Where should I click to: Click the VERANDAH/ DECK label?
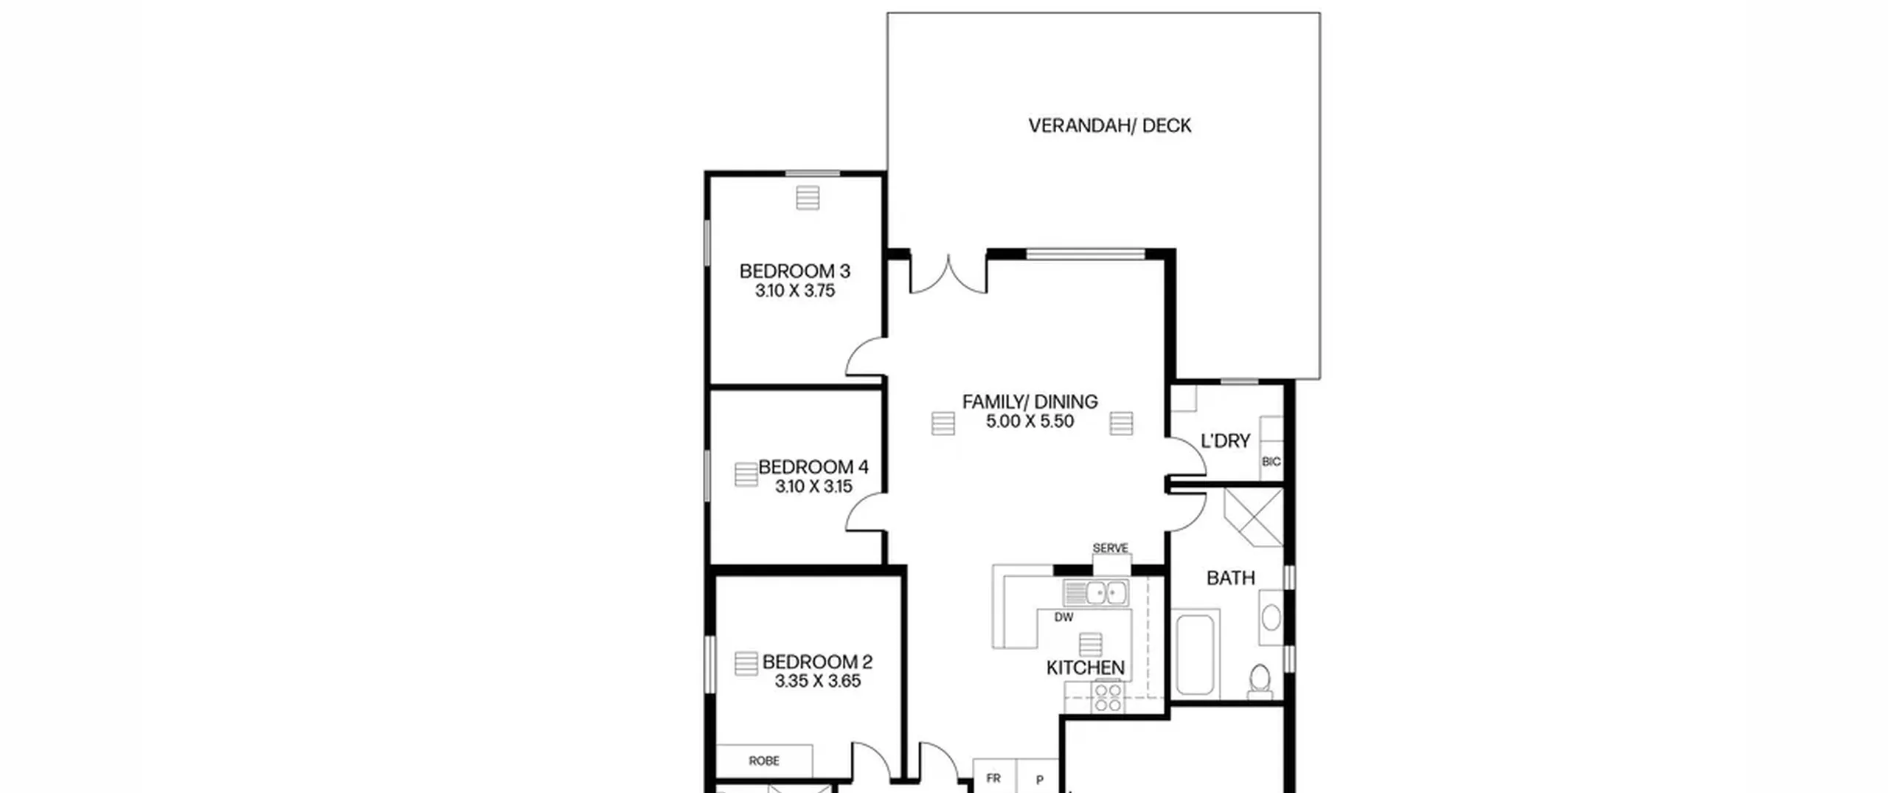point(1109,125)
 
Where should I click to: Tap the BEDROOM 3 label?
point(795,271)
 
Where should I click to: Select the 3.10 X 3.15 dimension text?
point(813,486)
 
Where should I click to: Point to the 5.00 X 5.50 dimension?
point(1030,421)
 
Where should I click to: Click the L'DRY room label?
point(1226,441)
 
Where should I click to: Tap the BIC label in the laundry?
point(1271,462)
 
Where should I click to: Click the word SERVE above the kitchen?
point(1110,548)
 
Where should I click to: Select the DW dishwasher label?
point(1063,617)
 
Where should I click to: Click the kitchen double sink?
point(1095,592)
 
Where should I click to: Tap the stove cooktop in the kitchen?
point(1108,696)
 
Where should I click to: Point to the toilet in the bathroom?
point(1260,681)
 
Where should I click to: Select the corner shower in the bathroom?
point(1253,516)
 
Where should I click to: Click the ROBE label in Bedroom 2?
point(764,761)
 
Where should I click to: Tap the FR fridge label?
point(993,778)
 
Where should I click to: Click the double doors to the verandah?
point(948,274)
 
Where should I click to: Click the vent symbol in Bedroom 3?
point(808,197)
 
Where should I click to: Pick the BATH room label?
point(1230,578)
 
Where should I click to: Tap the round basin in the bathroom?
point(1271,617)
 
